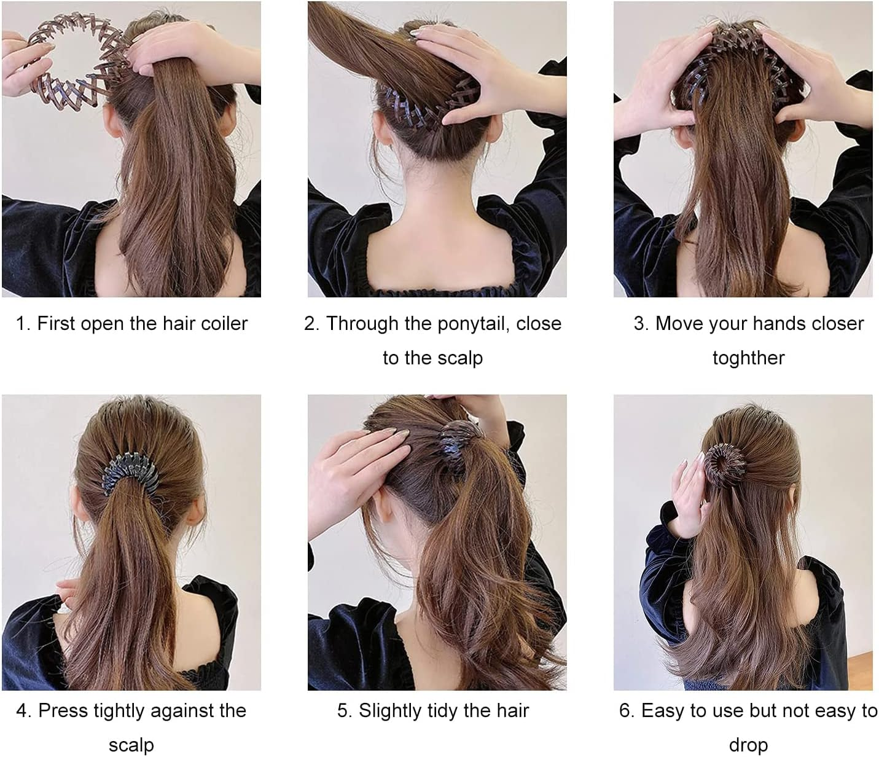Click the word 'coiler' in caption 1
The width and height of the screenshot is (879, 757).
coord(219,323)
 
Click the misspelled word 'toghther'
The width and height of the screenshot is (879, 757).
coord(748,358)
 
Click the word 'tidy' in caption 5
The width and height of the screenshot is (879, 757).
coord(441,710)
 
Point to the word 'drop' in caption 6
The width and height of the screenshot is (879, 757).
coord(748,745)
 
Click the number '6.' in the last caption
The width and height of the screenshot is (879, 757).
coord(627,710)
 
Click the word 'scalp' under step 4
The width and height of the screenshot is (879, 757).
coord(131,745)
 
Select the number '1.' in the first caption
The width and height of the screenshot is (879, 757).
coord(23,323)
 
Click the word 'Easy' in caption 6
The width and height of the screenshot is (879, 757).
coord(663,710)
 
